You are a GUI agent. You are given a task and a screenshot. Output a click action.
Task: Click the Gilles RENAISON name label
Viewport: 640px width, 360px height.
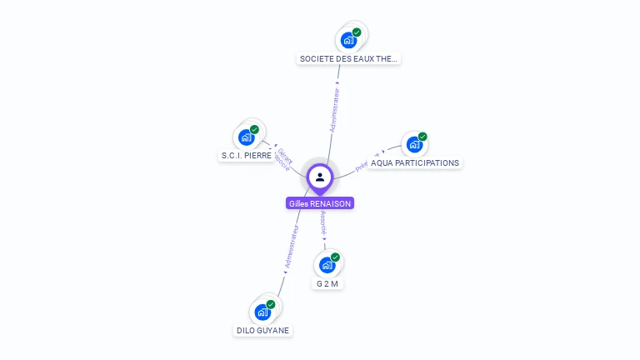[320, 203]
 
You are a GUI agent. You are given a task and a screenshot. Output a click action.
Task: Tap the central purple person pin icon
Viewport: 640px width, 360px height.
[320, 177]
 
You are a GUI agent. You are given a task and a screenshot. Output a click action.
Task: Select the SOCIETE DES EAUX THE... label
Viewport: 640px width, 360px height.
[349, 59]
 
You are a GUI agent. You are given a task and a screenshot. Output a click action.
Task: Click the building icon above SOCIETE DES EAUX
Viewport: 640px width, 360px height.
[348, 40]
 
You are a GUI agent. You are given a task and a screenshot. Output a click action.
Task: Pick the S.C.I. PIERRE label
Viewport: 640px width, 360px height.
[246, 156]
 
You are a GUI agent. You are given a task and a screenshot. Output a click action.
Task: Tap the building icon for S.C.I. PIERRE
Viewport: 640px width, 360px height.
[247, 137]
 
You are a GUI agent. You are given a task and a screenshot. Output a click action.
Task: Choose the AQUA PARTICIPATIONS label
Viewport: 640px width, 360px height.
[414, 163]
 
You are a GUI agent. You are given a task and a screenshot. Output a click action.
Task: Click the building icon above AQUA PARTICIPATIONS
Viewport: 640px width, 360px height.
[413, 145]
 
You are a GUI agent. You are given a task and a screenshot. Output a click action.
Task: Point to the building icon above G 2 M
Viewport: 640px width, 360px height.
[327, 265]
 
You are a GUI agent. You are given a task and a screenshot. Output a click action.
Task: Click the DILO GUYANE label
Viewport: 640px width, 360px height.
[263, 330]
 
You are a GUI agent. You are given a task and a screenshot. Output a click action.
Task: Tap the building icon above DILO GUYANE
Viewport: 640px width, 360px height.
[262, 312]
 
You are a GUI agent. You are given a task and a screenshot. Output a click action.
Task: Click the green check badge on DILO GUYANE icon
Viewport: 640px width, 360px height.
[271, 304]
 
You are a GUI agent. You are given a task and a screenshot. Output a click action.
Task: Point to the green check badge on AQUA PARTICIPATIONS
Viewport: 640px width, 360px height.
[422, 137]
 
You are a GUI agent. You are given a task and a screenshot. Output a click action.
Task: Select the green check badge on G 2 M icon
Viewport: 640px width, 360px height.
[335, 257]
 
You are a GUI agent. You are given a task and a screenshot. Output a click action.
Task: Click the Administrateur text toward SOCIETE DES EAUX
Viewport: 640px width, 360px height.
[333, 109]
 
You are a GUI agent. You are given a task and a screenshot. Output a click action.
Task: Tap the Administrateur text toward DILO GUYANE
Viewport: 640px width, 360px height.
[291, 247]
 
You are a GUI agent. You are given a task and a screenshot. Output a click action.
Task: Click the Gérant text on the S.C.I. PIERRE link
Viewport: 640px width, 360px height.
[285, 156]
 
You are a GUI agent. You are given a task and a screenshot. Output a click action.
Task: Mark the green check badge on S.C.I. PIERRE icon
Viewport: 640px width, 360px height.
[255, 129]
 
